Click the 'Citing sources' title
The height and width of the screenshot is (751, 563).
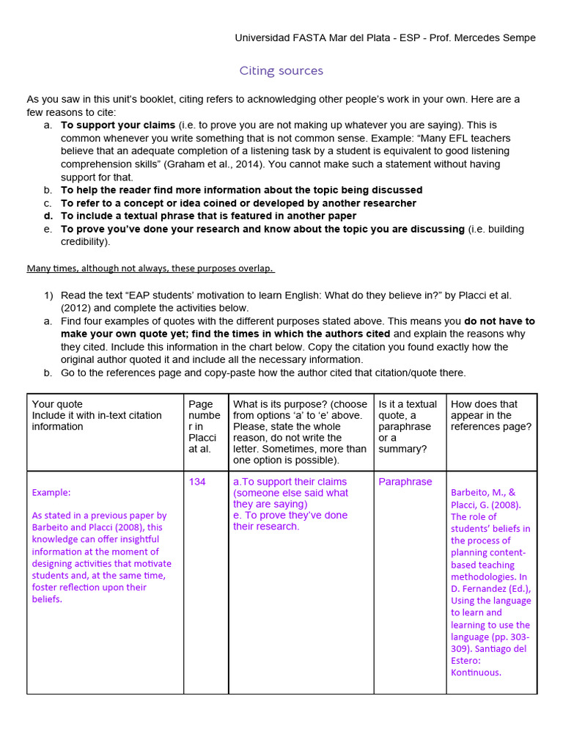281,71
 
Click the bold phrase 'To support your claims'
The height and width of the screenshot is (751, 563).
118,125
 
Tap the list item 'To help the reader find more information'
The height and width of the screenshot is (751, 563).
241,190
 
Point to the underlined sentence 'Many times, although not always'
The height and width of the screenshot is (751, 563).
150,268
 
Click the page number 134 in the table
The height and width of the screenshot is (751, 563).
197,482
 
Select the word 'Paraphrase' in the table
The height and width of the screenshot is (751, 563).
405,482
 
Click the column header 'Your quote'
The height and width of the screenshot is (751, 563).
58,404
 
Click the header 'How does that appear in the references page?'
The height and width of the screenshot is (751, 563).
491,415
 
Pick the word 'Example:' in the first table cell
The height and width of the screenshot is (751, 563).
51,492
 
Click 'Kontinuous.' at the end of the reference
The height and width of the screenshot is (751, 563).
476,673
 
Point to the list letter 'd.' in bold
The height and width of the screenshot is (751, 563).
48,216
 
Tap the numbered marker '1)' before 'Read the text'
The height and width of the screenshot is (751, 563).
48,295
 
